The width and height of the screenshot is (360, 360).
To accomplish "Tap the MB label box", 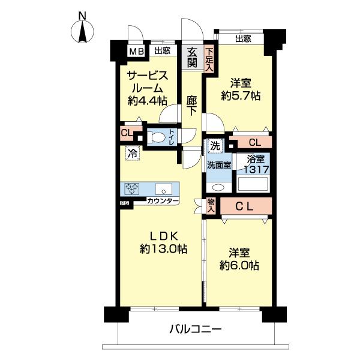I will coord(136,52).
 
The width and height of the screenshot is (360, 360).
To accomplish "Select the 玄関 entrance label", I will coord(192,57).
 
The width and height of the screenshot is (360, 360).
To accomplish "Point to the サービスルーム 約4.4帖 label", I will coord(146,88).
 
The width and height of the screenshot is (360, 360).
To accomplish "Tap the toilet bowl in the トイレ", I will coord(158,137).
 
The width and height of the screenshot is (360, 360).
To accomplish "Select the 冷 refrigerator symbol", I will coord(131,154).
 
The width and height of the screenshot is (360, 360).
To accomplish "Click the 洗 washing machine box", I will coord(214,145).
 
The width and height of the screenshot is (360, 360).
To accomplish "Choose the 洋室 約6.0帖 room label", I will coord(239,258).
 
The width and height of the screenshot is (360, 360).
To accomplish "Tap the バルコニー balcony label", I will coord(195,329).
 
